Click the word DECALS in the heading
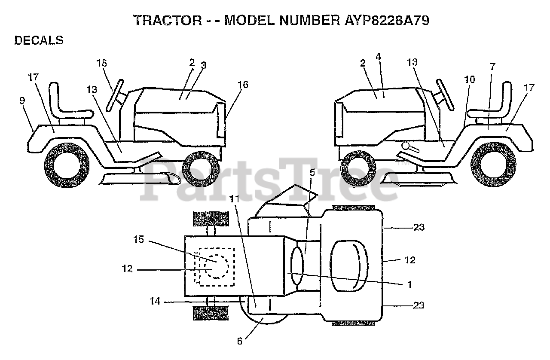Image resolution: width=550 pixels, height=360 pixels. [39, 40]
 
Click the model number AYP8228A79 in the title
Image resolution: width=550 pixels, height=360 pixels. [381, 21]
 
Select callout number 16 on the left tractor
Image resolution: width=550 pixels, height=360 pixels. [243, 85]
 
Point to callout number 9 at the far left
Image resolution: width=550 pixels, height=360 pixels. [22, 101]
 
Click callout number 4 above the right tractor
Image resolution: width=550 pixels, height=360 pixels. [378, 56]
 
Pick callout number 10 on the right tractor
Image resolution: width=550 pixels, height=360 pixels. [470, 79]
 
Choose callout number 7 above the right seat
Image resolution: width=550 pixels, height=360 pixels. [492, 66]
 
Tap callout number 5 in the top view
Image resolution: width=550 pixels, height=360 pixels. [312, 173]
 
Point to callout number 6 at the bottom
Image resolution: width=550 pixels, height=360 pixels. [240, 342]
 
